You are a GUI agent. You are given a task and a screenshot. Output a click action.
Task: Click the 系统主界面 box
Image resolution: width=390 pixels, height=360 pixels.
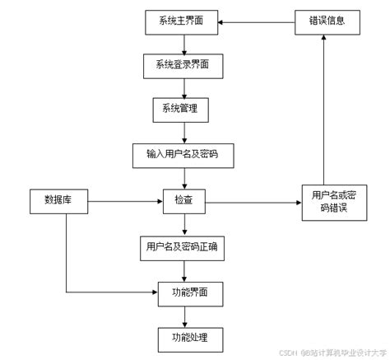pyautogui.click(x=181, y=21)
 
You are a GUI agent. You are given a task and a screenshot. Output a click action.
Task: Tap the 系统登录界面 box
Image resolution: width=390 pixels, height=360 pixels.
pyautogui.click(x=181, y=65)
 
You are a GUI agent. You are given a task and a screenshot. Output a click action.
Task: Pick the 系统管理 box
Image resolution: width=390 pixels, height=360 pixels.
pyautogui.click(x=181, y=109)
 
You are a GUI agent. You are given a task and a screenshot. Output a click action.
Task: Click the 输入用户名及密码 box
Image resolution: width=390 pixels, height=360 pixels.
pyautogui.click(x=181, y=154)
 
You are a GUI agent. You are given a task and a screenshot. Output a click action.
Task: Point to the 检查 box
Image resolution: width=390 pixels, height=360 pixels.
pyautogui.click(x=183, y=200)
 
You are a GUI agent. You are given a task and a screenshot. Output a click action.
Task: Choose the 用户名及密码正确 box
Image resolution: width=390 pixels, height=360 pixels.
pyautogui.click(x=181, y=246)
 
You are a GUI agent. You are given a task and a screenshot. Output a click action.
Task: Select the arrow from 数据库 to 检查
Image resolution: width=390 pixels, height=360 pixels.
pyautogui.click(x=123, y=200)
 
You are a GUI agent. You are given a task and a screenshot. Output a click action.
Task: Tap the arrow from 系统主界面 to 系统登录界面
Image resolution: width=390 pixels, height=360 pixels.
pyautogui.click(x=182, y=44)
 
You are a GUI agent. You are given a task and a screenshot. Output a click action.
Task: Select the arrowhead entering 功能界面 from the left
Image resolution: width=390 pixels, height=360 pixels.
pyautogui.click(x=154, y=292)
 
